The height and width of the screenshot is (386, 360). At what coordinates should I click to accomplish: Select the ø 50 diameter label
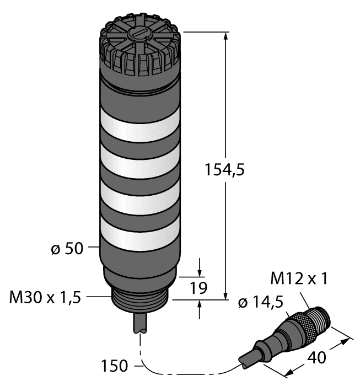66,249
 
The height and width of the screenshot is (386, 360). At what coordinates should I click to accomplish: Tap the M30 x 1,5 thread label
45,298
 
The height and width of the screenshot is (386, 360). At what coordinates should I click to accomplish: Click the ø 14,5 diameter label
260,302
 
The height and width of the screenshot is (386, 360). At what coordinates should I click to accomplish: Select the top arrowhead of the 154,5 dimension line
226,36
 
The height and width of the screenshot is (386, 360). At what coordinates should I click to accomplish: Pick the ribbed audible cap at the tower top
139,50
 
